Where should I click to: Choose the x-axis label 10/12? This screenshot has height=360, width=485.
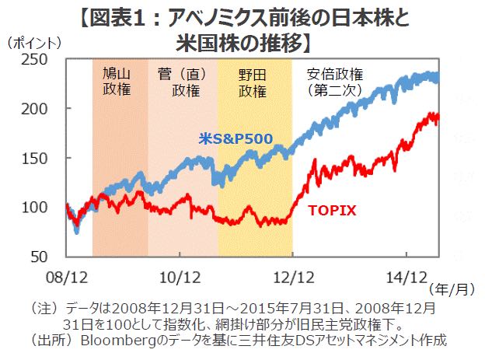click(x=180, y=274)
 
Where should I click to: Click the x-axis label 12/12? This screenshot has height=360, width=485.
click(x=293, y=274)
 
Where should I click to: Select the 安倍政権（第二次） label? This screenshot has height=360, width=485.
click(x=335, y=81)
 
